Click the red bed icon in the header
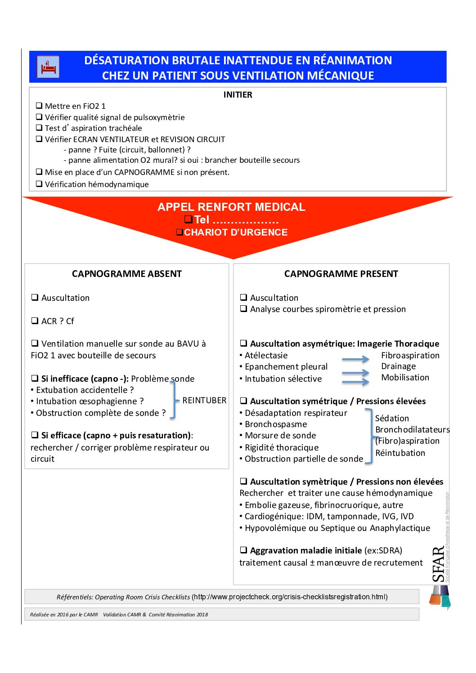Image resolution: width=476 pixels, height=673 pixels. [x=48, y=67]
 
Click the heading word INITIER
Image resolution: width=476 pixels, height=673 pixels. [x=238, y=95]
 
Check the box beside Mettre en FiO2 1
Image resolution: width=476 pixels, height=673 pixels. [x=39, y=106]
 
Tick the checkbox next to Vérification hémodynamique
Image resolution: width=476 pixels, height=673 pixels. [x=39, y=184]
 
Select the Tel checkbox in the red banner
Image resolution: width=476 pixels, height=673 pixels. [x=189, y=219]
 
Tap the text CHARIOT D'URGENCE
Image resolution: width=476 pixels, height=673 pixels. [x=236, y=232]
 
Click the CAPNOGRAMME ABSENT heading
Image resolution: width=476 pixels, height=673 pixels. [x=127, y=274]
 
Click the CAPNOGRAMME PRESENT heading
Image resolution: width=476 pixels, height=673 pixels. [x=341, y=274]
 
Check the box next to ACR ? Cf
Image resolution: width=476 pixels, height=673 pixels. [x=35, y=321]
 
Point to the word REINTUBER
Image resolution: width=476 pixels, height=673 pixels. [x=204, y=401]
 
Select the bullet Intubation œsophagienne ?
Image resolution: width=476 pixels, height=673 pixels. [x=90, y=401]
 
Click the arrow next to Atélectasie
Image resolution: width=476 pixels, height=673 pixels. [x=355, y=359]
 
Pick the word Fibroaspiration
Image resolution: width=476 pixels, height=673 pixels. [x=410, y=356]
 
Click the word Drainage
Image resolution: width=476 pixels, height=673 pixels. [x=399, y=366]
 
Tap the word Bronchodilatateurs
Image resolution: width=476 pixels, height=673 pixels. [x=413, y=430]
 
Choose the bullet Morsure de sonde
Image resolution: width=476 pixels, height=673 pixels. [x=280, y=436]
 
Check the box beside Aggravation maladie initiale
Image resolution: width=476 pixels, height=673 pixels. [x=243, y=550]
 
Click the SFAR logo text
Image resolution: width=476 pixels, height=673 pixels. [x=438, y=564]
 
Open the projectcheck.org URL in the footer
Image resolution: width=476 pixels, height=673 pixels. [x=290, y=597]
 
